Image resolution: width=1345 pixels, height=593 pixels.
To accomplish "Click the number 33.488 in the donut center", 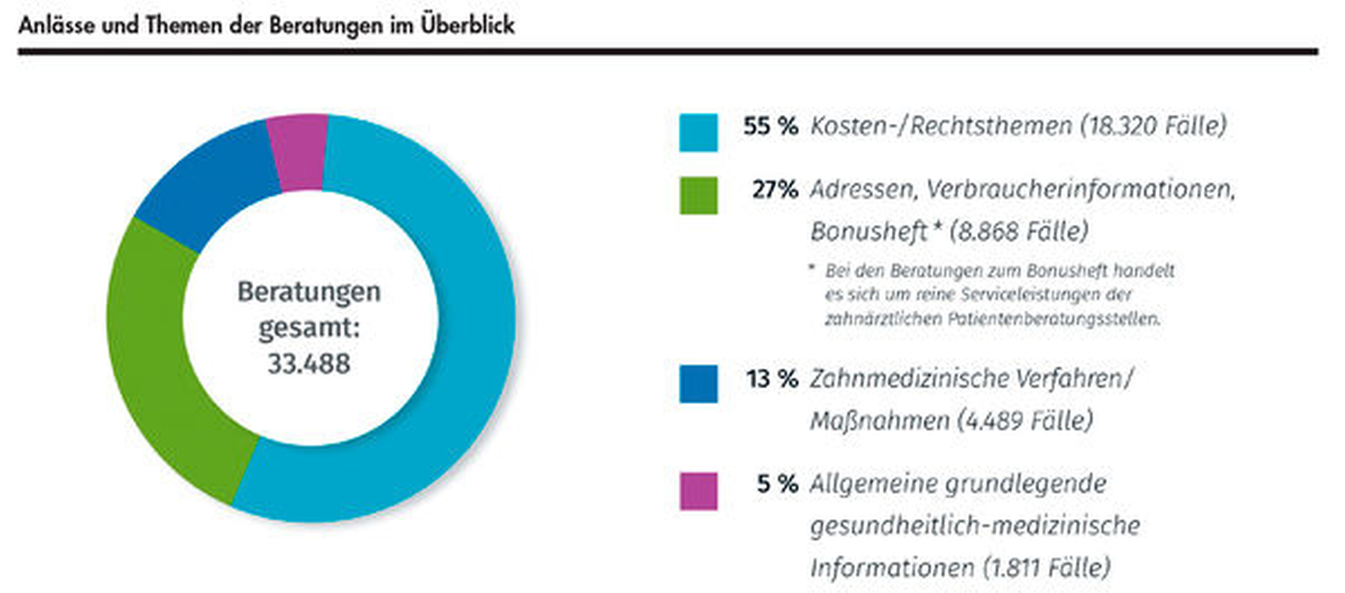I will pyautogui.click(x=309, y=364).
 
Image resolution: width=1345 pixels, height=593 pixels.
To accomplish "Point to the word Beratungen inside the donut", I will pyautogui.click(x=309, y=292).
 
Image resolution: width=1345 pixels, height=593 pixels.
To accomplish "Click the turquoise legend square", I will pyautogui.click(x=698, y=132).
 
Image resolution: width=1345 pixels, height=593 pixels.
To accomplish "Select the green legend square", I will pyautogui.click(x=698, y=196).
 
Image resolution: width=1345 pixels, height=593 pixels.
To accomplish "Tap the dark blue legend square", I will pyautogui.click(x=698, y=384).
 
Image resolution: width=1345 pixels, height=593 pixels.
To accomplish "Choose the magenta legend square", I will pyautogui.click(x=698, y=491).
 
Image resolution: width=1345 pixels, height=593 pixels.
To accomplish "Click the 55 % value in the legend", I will pyautogui.click(x=770, y=126).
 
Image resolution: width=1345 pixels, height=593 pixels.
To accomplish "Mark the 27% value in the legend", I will pyautogui.click(x=774, y=190).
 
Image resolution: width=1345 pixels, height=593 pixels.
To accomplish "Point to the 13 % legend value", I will pyautogui.click(x=772, y=379).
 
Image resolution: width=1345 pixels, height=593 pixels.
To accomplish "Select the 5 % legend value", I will pyautogui.click(x=777, y=484).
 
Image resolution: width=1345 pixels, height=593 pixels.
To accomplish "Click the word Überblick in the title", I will pyautogui.click(x=467, y=26).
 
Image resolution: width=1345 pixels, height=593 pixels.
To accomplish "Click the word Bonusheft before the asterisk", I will pyautogui.click(x=868, y=232).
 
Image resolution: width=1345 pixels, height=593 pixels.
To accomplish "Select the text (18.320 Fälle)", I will pyautogui.click(x=1153, y=126).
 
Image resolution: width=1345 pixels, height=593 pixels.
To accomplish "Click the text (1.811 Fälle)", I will pyautogui.click(x=1046, y=567).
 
